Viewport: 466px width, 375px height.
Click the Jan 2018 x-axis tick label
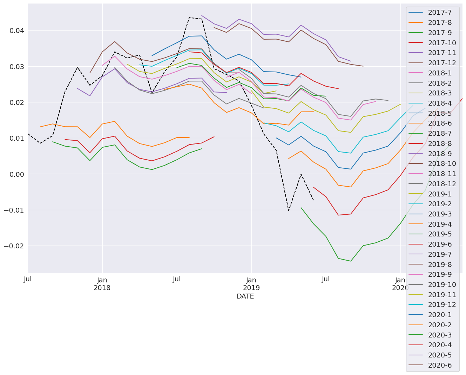102,284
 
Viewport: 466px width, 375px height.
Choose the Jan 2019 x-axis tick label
251,284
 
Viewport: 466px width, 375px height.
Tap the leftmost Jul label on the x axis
28,280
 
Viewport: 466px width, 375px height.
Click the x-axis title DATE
245,297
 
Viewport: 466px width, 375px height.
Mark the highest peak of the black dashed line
189,18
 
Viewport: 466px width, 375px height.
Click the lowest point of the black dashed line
289,210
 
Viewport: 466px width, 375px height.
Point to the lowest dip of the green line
351,261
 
